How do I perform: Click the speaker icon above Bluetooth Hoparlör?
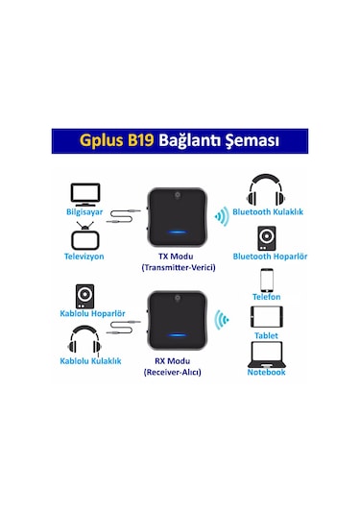(265, 237)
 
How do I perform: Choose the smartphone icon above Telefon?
(267, 280)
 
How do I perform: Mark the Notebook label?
(267, 372)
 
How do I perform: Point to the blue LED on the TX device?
(179, 231)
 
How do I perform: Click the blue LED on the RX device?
(179, 335)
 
